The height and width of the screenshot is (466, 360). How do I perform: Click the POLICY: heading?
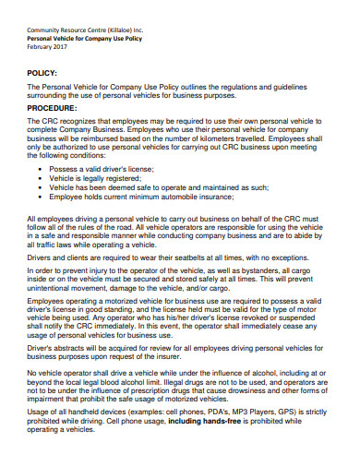tap(42, 72)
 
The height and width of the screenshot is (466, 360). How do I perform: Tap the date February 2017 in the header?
tap(47, 45)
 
